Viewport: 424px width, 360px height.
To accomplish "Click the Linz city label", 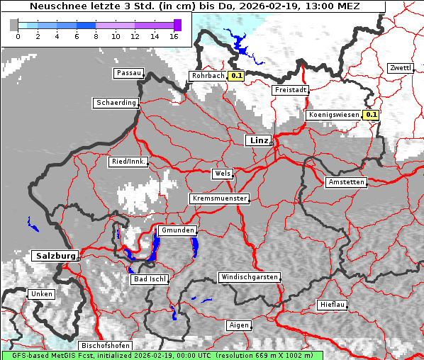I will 258,140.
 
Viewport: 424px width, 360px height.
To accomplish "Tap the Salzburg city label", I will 55,255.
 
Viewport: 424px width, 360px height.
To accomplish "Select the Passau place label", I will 128,73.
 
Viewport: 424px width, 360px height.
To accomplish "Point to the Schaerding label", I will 116,103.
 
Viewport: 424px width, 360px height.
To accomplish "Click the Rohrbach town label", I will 207,76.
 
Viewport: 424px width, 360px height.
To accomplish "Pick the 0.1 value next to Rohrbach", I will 237,76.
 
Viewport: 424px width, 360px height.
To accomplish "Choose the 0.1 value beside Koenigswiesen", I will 372,114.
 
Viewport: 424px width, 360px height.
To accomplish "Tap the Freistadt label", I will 290,90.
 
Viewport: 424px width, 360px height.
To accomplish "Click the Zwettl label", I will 400,68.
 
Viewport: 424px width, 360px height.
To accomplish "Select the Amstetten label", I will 346,182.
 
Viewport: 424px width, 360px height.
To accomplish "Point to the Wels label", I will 221,173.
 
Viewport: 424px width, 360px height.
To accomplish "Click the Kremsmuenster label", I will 220,198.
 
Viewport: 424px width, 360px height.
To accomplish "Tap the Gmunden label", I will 177,230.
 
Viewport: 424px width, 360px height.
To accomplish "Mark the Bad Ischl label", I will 149,279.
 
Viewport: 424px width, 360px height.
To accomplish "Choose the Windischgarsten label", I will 248,277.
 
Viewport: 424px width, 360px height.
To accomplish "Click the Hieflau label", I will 332,305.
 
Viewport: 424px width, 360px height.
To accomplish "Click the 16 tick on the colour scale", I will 174,36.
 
